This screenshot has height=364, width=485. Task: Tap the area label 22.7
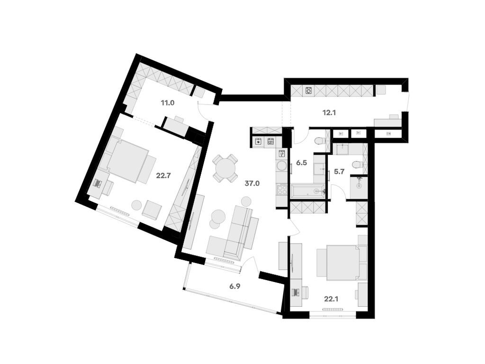click(163, 175)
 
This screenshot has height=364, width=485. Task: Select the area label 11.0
click(167, 102)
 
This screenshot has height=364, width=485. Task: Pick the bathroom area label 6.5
click(302, 162)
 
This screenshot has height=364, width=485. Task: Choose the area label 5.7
click(339, 172)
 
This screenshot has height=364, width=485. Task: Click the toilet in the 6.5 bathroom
click(320, 140)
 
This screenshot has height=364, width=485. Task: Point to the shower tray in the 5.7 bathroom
click(359, 186)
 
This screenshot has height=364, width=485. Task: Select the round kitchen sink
click(281, 166)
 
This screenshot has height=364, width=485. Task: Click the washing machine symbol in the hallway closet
click(309, 91)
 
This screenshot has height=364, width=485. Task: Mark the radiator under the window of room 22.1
click(333, 309)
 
